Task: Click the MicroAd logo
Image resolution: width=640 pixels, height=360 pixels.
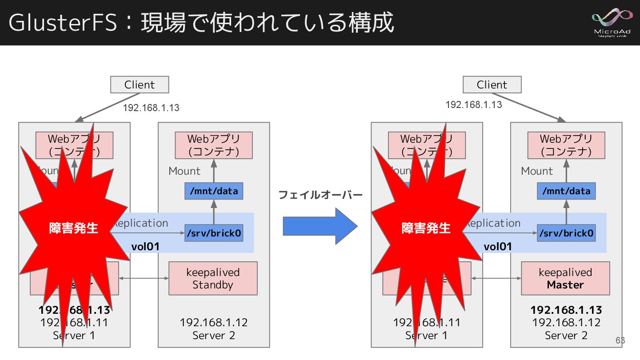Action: [613, 23]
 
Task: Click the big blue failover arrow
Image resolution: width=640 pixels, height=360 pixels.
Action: [320, 227]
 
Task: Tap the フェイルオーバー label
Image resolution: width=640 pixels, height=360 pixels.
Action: [320, 195]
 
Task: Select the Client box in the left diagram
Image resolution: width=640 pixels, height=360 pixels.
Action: [140, 84]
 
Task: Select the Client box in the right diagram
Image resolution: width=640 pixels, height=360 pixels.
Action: [492, 84]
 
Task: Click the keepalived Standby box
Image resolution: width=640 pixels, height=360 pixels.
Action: [213, 278]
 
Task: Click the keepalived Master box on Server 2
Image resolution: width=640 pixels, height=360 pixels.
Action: [565, 278]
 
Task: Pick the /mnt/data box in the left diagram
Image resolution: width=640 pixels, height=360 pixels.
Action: [214, 191]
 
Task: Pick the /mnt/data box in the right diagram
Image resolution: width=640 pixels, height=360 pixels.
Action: [566, 191]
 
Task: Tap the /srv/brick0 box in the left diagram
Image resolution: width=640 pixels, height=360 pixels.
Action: [214, 233]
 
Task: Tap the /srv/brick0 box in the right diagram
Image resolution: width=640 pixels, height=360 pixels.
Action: [566, 233]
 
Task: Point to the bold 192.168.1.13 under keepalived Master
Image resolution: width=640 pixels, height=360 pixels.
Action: [566, 310]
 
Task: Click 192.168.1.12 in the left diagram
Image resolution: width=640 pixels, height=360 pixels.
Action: [214, 322]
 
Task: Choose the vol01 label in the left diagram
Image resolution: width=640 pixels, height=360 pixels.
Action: [145, 246]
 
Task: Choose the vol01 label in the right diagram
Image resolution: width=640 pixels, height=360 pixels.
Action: [498, 246]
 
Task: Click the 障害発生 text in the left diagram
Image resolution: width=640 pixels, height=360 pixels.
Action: [73, 228]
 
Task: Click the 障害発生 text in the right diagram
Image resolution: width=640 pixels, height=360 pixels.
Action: [426, 228]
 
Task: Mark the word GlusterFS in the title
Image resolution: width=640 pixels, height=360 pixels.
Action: [62, 23]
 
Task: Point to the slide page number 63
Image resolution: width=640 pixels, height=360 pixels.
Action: [620, 340]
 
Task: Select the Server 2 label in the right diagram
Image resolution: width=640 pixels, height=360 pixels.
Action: [566, 335]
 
